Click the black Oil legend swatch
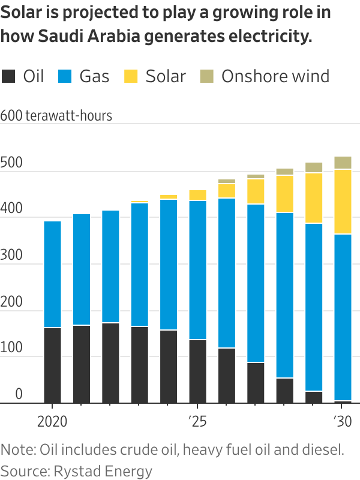coord(9,76)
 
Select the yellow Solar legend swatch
coord(131,76)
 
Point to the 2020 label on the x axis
coord(53,421)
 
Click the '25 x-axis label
coord(197,421)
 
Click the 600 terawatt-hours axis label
coord(56,116)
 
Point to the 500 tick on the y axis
coord(11,164)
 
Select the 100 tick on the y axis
coord(11,349)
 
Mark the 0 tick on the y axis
coord(19,395)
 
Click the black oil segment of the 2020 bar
coord(53,365)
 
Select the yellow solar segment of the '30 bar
coord(343,202)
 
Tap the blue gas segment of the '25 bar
coord(197,270)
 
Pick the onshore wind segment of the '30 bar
coord(343,163)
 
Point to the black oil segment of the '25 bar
coord(197,371)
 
